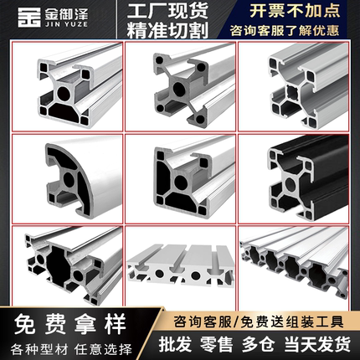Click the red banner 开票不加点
299,11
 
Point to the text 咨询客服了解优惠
299,30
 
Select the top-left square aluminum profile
64,86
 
